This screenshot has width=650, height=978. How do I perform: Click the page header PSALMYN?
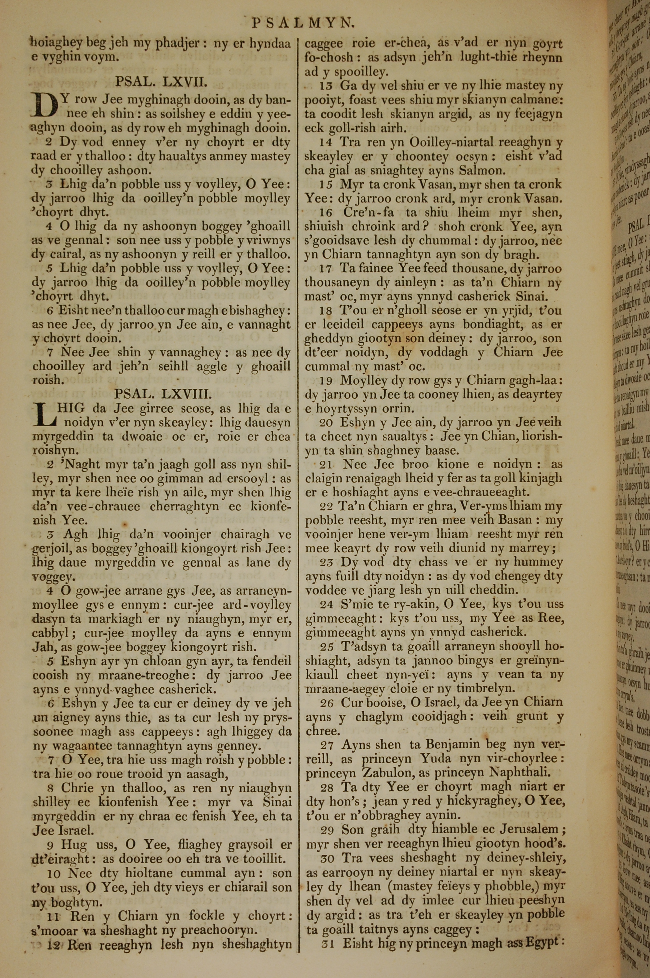point(304,23)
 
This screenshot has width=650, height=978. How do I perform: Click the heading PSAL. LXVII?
point(161,82)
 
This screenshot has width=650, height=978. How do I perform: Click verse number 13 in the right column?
point(327,86)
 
